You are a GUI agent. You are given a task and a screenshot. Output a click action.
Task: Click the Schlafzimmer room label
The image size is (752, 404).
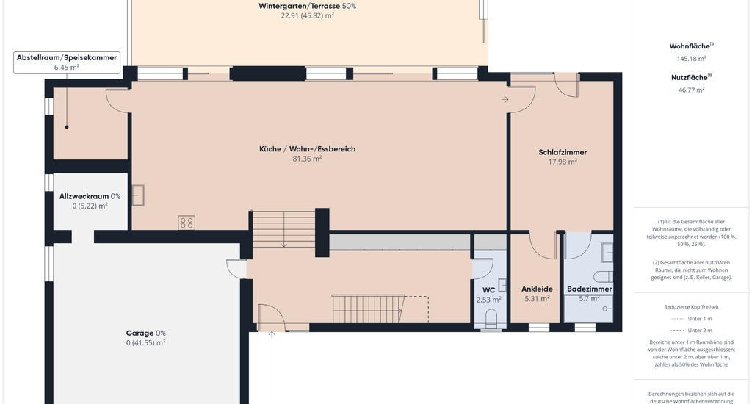(563, 152)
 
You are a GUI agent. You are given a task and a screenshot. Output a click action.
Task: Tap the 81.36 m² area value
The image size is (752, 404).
(307, 159)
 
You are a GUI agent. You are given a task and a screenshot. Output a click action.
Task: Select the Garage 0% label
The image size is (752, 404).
(146, 333)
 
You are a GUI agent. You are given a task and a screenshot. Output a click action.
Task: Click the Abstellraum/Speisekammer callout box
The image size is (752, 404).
(67, 62)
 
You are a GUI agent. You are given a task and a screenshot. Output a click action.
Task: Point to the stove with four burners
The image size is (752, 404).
(187, 223)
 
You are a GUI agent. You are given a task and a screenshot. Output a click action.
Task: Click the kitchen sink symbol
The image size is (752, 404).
(138, 195)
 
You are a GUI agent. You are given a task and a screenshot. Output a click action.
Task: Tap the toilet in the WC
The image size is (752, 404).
(491, 318)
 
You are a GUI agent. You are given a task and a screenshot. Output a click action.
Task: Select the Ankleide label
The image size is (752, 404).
(537, 289)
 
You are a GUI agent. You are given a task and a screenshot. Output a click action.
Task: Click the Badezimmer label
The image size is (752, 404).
(590, 289)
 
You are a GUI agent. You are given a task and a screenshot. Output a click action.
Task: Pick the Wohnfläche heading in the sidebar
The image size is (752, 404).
(690, 46)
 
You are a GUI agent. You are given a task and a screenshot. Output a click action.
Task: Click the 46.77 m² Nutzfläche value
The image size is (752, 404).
(691, 90)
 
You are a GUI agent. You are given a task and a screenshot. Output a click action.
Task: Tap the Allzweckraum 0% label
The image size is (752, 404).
(90, 196)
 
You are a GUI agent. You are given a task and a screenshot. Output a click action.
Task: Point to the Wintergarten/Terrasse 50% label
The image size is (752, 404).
(308, 6)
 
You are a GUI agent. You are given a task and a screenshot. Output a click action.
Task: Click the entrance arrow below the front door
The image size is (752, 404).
(272, 334)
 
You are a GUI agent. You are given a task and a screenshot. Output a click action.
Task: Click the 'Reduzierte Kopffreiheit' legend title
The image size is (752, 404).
(691, 307)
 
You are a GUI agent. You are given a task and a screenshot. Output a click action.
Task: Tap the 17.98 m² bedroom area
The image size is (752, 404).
(563, 162)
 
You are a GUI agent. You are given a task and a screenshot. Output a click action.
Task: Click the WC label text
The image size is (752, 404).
(488, 290)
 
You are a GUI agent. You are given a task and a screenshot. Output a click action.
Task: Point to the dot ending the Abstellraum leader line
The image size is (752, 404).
(67, 127)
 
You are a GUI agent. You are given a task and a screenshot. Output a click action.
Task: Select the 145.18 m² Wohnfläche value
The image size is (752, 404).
(691, 59)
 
